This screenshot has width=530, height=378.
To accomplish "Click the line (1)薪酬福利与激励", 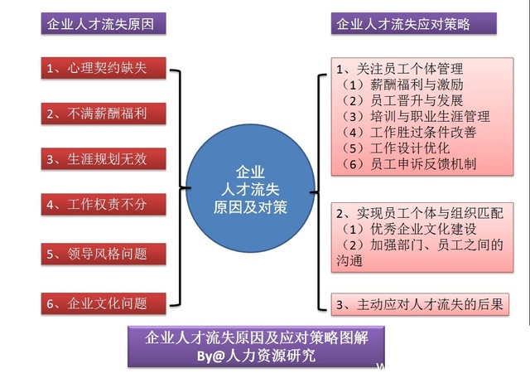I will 399,84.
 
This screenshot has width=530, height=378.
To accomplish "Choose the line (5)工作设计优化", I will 393,148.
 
